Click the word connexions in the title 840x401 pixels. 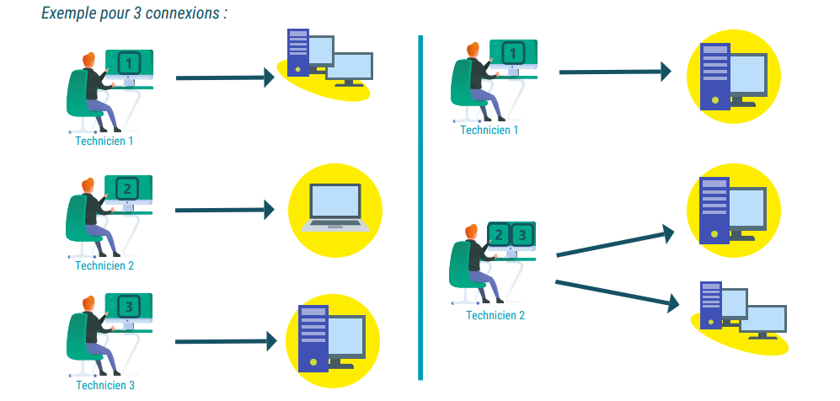pos(185,14)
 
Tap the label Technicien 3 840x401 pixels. pos(105,386)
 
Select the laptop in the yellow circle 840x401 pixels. pos(335,206)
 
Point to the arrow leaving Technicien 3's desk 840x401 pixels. pos(225,341)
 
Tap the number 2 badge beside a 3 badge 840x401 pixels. pos(499,235)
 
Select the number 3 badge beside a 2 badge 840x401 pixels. pos(522,235)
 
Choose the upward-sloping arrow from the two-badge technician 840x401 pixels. pos(615,242)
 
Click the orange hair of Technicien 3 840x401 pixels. pos(87,302)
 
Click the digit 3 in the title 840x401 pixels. pos(136,14)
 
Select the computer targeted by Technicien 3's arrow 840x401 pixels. pos(331,339)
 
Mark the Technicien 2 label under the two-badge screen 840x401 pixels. pos(495,315)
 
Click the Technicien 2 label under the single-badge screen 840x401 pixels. pos(104,265)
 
